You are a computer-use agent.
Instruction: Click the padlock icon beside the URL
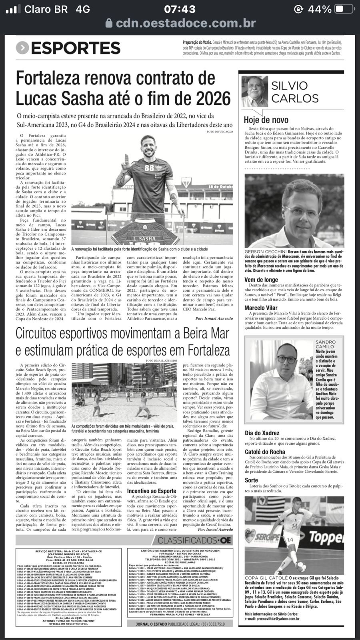click(109, 24)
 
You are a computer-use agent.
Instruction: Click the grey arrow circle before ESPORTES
click(22, 48)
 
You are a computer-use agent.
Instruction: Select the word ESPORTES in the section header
click(76, 48)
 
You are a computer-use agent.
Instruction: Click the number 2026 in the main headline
click(211, 98)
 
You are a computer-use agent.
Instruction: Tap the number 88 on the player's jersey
click(149, 167)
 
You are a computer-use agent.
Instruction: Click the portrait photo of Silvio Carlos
click(255, 92)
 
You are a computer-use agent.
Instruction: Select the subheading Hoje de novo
click(266, 120)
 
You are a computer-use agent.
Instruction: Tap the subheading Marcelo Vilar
click(261, 308)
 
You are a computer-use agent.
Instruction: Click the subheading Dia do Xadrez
click(262, 433)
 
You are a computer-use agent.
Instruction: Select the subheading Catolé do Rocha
click(265, 452)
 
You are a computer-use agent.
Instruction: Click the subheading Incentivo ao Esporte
click(152, 491)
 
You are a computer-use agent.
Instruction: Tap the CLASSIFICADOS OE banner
click(194, 540)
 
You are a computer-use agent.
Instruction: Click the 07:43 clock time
click(180, 9)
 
